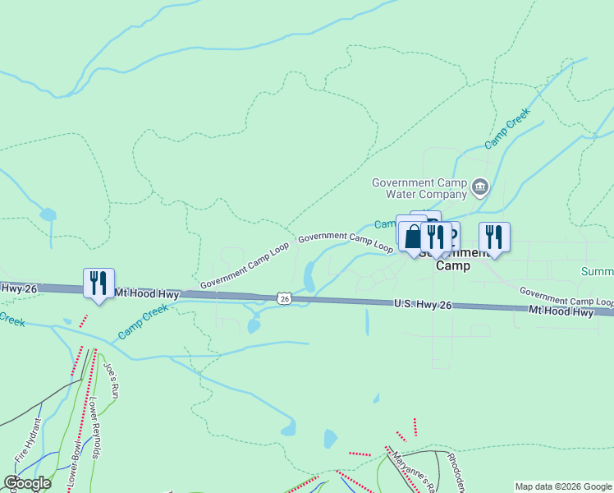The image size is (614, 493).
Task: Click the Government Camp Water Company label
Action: [x=419, y=188]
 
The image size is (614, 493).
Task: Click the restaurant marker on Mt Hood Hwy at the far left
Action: [x=99, y=284]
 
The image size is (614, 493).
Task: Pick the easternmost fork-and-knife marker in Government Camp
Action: [x=494, y=237]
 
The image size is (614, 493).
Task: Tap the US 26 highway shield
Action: [x=284, y=299]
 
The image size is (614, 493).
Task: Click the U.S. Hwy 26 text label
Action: [x=423, y=304]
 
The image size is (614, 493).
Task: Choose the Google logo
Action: [x=26, y=483]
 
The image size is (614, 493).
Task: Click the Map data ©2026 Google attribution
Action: [x=563, y=486]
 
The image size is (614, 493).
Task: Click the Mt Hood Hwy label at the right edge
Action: [x=561, y=312]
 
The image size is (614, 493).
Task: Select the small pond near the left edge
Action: [x=48, y=215]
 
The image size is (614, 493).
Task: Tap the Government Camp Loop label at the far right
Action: [x=566, y=296]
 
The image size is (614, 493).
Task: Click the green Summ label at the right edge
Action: [x=597, y=272]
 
